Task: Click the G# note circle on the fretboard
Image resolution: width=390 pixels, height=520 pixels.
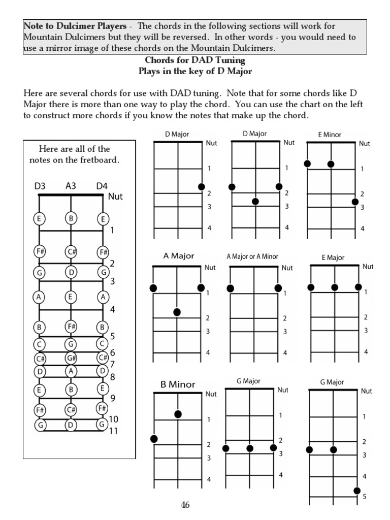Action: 71,357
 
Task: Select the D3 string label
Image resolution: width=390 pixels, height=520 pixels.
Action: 40,186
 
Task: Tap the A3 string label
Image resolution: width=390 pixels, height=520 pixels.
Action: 71,186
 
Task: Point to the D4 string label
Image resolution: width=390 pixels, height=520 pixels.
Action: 102,186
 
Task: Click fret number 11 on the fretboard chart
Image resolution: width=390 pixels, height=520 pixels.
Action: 114,431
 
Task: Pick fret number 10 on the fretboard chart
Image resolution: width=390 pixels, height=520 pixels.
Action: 114,419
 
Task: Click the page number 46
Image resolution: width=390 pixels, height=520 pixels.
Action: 185,505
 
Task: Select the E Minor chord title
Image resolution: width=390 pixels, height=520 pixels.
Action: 330,135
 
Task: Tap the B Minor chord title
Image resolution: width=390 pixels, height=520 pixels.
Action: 178,384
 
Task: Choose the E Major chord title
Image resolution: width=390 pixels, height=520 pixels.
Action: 333,257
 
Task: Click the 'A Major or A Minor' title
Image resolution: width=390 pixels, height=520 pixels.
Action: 252,256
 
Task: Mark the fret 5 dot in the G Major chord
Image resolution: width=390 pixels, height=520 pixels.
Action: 357,491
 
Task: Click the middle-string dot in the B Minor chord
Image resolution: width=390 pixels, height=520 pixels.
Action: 178,414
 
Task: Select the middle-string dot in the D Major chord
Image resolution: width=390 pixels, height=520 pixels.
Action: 255,202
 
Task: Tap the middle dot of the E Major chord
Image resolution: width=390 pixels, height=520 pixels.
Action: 335,287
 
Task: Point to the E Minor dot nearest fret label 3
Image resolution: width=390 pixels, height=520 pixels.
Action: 355,202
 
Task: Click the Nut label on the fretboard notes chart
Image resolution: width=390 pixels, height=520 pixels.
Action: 116,197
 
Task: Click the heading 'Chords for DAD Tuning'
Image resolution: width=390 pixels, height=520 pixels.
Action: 195,61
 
